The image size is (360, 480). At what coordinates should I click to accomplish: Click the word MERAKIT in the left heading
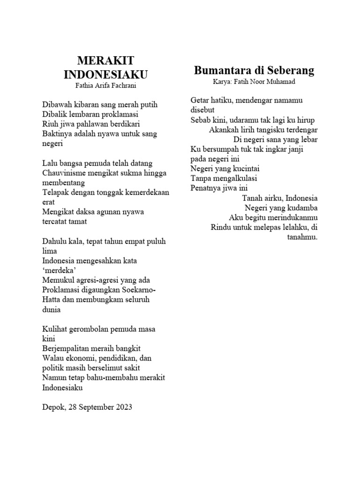(105, 60)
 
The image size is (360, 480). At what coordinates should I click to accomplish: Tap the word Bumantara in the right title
(222, 71)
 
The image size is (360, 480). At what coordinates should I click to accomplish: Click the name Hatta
(52, 300)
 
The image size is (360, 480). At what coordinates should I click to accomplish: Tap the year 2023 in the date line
(122, 407)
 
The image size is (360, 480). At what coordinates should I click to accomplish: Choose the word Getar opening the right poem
(200, 100)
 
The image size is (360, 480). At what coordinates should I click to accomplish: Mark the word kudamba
(302, 208)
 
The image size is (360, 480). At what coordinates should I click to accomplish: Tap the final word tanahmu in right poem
(302, 237)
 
